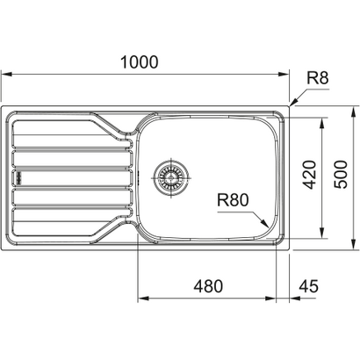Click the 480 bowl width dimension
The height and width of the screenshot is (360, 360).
pyautogui.click(x=209, y=285)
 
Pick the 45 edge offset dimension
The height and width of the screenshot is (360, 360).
pyautogui.click(x=307, y=285)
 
